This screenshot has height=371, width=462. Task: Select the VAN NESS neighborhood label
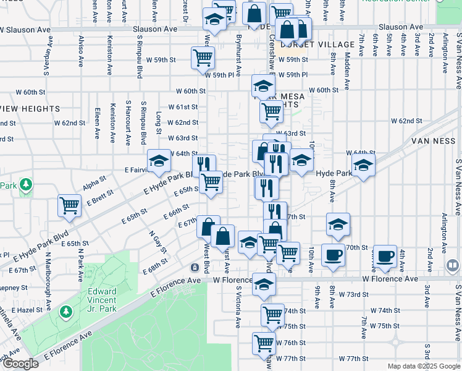[x=432, y=142]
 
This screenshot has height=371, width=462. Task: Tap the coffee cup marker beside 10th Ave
[x=334, y=255]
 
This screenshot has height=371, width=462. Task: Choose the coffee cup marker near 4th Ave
[x=385, y=256]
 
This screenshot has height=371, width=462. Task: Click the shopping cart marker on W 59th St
[x=203, y=59]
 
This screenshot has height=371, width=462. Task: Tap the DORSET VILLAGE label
[x=303, y=45]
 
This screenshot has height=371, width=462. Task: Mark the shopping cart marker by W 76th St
[x=264, y=343]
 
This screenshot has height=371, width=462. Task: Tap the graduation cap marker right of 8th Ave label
[x=364, y=166]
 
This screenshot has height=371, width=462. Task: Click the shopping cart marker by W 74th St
[x=272, y=315]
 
